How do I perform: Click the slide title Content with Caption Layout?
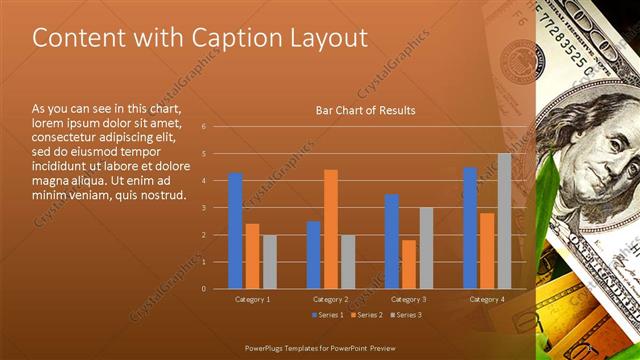[200, 38]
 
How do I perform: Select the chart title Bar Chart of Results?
[365, 110]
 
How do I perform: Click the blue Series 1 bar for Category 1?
[235, 230]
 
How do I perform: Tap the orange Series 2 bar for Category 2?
[331, 229]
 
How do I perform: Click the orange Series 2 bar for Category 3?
[408, 264]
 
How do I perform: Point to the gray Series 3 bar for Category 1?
[270, 261]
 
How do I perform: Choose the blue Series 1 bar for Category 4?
[469, 228]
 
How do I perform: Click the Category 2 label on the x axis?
[331, 299]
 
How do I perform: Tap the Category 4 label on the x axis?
[487, 299]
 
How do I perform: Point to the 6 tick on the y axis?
[203, 127]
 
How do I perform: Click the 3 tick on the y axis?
[203, 208]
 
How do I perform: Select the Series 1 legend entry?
[326, 316]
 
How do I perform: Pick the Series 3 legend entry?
[406, 316]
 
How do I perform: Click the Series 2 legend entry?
[366, 316]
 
